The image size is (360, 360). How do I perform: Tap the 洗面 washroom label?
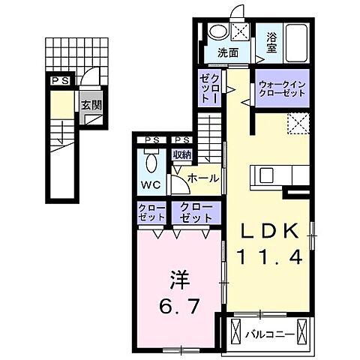(228, 53)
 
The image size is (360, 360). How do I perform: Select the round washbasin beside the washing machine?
(217, 32)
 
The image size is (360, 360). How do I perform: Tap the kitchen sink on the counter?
(268, 175)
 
